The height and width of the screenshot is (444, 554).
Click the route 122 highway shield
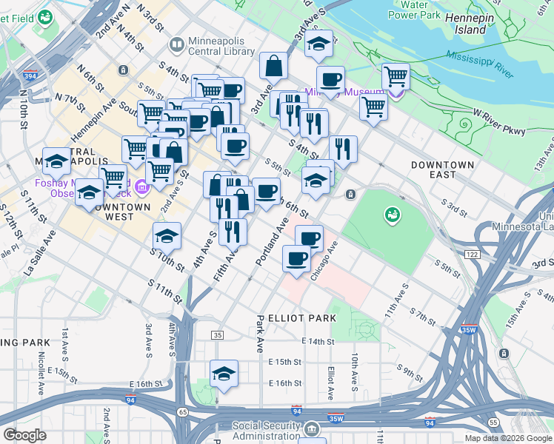[470, 254]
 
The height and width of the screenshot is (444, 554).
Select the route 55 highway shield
[493, 421]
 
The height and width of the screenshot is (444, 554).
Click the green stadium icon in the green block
[390, 215]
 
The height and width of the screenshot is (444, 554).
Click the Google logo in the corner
[24, 435]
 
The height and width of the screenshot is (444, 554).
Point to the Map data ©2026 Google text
[507, 438]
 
